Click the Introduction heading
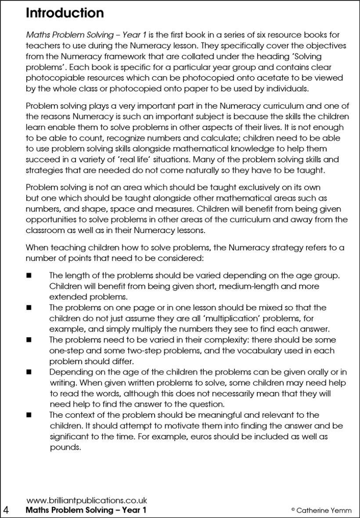(65, 13)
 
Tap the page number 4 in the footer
(6, 510)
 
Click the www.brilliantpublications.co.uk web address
(86, 500)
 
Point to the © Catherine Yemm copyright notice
(320, 510)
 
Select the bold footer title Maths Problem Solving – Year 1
(86, 510)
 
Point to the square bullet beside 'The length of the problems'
(29, 276)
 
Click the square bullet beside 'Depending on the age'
(29, 372)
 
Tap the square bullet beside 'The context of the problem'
(29, 415)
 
